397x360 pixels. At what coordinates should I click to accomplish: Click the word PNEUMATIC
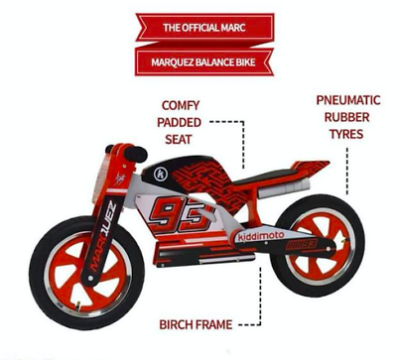point(348,100)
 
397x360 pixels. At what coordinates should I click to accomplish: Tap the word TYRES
point(348,135)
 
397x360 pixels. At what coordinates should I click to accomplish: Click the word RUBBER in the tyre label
point(348,117)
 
